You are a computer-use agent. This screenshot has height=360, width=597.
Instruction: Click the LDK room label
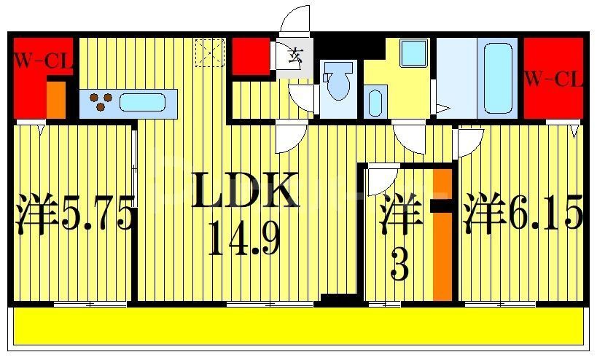point(246,192)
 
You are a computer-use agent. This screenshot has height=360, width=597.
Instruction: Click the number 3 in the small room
point(399,265)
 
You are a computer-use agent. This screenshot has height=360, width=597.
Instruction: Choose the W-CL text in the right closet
point(554,77)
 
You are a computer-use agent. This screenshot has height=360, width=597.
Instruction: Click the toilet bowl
point(338,84)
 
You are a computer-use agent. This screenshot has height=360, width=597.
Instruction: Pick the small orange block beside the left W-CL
point(56,100)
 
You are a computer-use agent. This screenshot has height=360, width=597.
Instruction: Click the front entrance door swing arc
point(297,20)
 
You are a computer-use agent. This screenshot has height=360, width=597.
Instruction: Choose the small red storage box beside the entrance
point(251,55)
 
